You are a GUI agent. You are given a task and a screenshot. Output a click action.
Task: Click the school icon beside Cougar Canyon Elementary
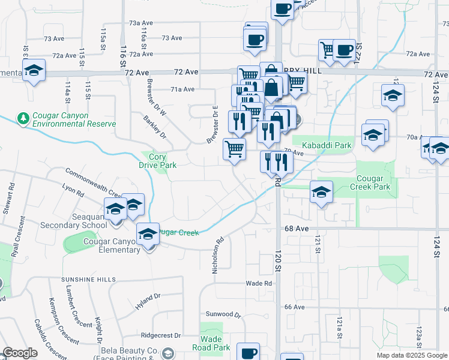coord(147,234)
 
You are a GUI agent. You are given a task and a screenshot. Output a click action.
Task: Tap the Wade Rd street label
coord(259,283)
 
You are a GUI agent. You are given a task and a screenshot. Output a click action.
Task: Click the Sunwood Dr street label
coord(223,314)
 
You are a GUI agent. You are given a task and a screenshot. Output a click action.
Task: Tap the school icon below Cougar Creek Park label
coord(321,193)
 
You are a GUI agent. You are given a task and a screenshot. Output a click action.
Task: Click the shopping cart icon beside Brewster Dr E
coord(234,149)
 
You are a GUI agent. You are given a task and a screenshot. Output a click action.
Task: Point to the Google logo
coord(19,353)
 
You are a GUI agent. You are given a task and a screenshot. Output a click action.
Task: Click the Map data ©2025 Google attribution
coord(411,355)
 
